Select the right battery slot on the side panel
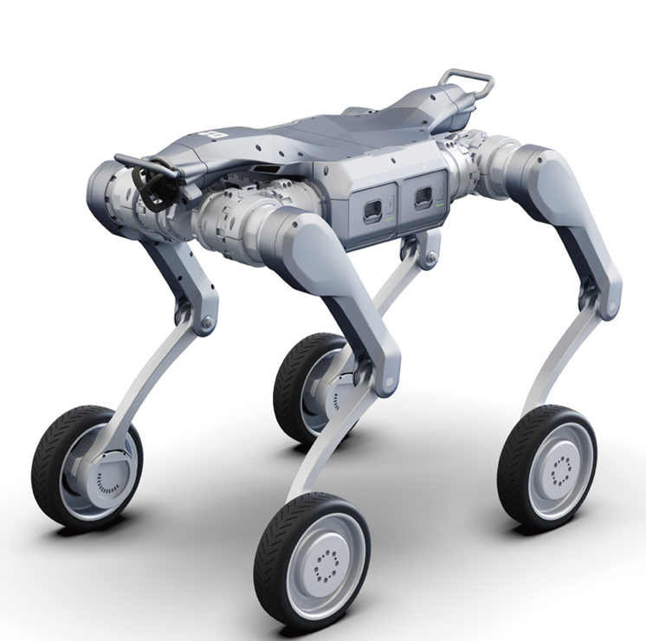pos(423,197)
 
